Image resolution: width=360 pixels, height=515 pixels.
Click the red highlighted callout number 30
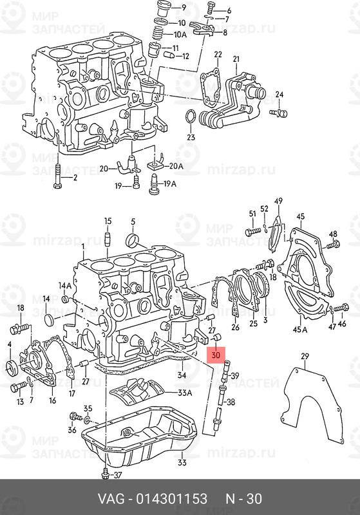[x=216, y=355]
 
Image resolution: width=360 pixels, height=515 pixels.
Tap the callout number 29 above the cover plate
[x=305, y=356]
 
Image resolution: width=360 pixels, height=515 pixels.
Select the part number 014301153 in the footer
[x=172, y=498]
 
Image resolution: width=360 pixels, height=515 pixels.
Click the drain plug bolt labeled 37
[x=105, y=475]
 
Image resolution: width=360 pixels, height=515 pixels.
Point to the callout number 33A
[x=185, y=393]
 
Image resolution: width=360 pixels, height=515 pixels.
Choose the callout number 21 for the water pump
[x=236, y=59]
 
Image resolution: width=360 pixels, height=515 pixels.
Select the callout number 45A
[x=300, y=329]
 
